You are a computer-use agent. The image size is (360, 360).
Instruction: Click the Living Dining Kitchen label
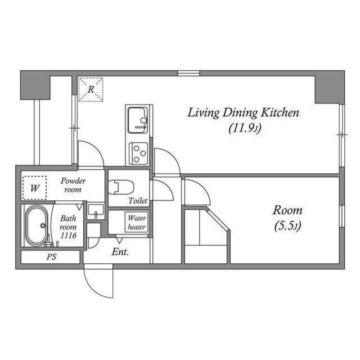click(x=244, y=113)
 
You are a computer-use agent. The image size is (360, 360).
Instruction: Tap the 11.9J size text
click(x=245, y=128)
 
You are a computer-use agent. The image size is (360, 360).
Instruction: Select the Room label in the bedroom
click(x=287, y=210)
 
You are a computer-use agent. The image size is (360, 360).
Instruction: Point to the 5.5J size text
click(x=287, y=226)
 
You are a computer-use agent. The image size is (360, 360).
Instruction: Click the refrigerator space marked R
click(x=91, y=89)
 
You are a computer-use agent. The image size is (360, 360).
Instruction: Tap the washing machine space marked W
click(x=35, y=188)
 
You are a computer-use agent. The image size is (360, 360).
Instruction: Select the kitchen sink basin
click(x=137, y=120)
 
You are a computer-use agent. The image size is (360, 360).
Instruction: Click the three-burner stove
click(x=138, y=154)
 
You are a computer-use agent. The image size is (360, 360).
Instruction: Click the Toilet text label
click(x=138, y=201)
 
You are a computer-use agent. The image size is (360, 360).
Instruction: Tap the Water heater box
click(x=137, y=222)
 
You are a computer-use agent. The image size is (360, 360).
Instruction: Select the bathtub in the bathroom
click(x=36, y=226)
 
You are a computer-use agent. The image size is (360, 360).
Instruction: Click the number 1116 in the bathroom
click(x=69, y=236)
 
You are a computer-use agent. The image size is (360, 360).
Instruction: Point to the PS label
click(x=51, y=256)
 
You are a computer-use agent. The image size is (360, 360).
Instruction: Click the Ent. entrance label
click(x=120, y=252)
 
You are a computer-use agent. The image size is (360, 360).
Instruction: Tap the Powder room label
click(x=73, y=185)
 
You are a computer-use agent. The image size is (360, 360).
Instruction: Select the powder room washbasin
click(x=96, y=211)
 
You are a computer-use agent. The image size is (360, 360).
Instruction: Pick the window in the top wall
click(x=188, y=73)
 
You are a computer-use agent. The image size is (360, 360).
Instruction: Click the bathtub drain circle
click(x=43, y=226)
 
